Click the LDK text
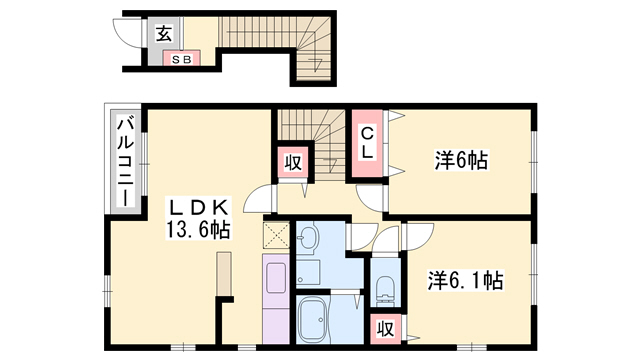[199, 208]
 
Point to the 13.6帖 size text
[198, 230]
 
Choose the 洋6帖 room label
[460, 159]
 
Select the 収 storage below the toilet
[385, 327]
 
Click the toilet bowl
[385, 291]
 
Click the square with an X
[275, 235]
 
